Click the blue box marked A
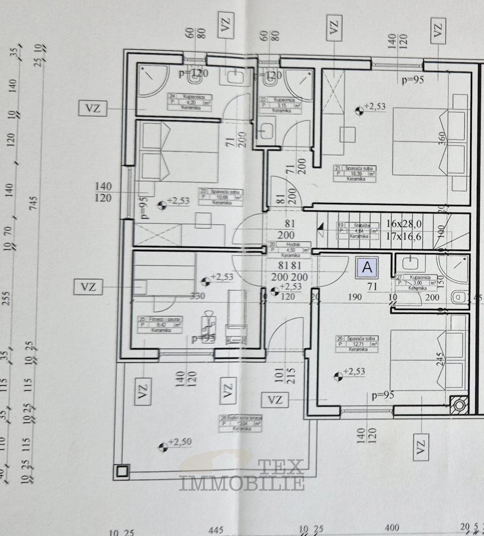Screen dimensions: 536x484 point(367,268)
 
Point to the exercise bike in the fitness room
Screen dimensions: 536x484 point(208,325)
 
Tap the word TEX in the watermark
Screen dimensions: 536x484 point(281,467)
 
